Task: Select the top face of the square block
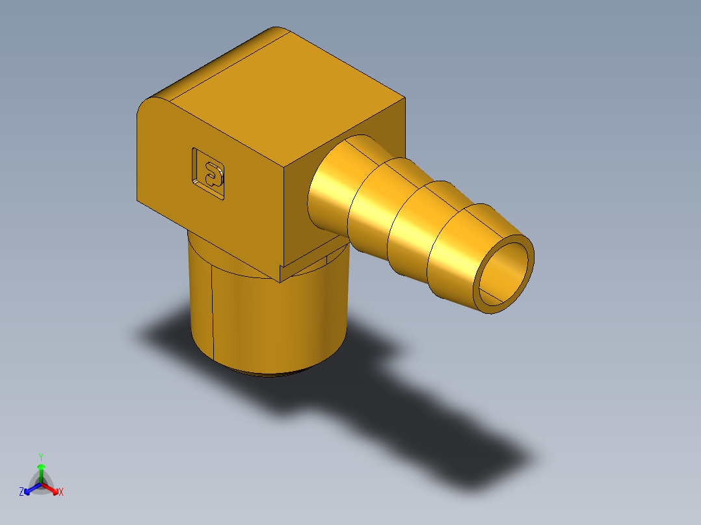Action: (x=286, y=97)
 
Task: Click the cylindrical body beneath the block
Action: (x=273, y=318)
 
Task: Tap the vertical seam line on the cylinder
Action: (x=213, y=312)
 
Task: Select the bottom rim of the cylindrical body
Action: (x=273, y=374)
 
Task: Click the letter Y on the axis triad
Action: (x=40, y=456)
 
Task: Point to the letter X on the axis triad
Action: (x=61, y=493)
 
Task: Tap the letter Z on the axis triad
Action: (x=21, y=492)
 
